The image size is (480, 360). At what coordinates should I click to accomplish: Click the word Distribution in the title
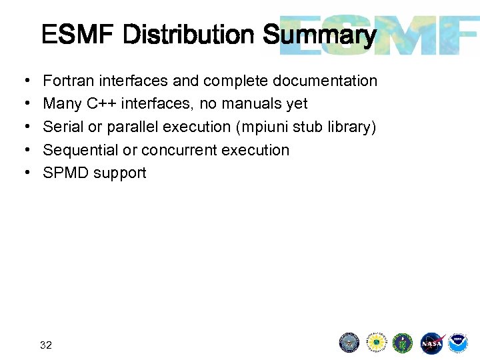pos(190,35)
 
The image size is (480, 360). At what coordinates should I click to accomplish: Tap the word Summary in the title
pos(320,35)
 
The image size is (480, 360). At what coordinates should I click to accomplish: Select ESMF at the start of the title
pos(79,35)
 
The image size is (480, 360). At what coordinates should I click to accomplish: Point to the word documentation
pos(326,81)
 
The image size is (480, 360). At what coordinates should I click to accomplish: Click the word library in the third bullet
pos(351,127)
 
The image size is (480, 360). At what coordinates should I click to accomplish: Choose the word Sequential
pos(80,150)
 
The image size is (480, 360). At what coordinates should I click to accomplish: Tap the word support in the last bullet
pos(120,173)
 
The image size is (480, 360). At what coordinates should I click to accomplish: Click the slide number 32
pos(46,345)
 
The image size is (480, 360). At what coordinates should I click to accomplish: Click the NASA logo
pos(431,343)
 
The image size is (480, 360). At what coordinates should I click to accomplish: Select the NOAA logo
pos(457,343)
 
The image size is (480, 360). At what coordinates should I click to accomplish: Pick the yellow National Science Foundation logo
pos(377,343)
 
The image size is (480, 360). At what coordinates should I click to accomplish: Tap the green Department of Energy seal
pos(403,343)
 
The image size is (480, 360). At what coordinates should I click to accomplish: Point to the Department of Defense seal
pos(349,343)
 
